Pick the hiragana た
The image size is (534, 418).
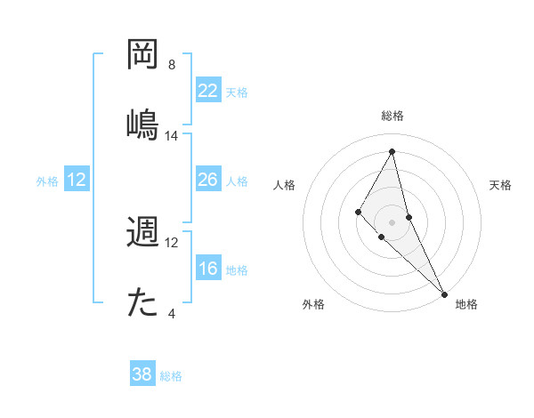pos(143,302)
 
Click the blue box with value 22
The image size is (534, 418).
pos(208,91)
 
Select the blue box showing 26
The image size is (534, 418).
pos(208,180)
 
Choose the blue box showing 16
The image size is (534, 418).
pos(208,269)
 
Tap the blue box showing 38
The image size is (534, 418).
pos(142,374)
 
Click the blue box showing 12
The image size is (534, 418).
pos(77,180)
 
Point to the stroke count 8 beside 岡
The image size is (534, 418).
pos(172,65)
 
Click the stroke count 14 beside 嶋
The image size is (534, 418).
pos(172,136)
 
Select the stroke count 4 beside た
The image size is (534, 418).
pos(172,313)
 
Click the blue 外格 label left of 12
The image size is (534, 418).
pos(47,181)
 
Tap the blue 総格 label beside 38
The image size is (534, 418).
pos(171,376)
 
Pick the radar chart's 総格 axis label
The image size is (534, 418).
pos(392,116)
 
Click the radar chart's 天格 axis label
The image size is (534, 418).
pos(501,185)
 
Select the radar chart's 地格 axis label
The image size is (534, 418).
pos(466,304)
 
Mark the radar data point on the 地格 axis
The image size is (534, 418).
pos(444,293)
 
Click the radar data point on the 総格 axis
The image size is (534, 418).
pos(392,151)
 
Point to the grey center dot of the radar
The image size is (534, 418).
pos(392,221)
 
